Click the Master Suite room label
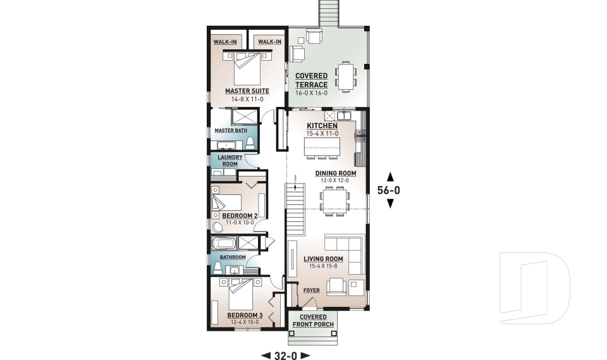click(x=247, y=91)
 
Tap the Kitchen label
click(x=322, y=126)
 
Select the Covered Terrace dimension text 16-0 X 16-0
click(x=311, y=93)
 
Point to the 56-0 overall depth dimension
click(x=389, y=190)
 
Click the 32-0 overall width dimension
click(x=286, y=356)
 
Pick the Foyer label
click(x=311, y=290)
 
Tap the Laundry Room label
click(x=230, y=161)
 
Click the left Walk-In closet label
click(x=225, y=42)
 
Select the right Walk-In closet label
click(x=269, y=42)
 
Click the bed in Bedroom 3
click(x=241, y=294)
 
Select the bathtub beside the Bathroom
click(x=224, y=244)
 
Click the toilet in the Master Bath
click(x=250, y=142)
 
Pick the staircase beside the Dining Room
click(x=296, y=209)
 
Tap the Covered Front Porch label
click(x=313, y=321)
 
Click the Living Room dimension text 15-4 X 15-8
click(x=323, y=266)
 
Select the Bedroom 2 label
click(x=240, y=216)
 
